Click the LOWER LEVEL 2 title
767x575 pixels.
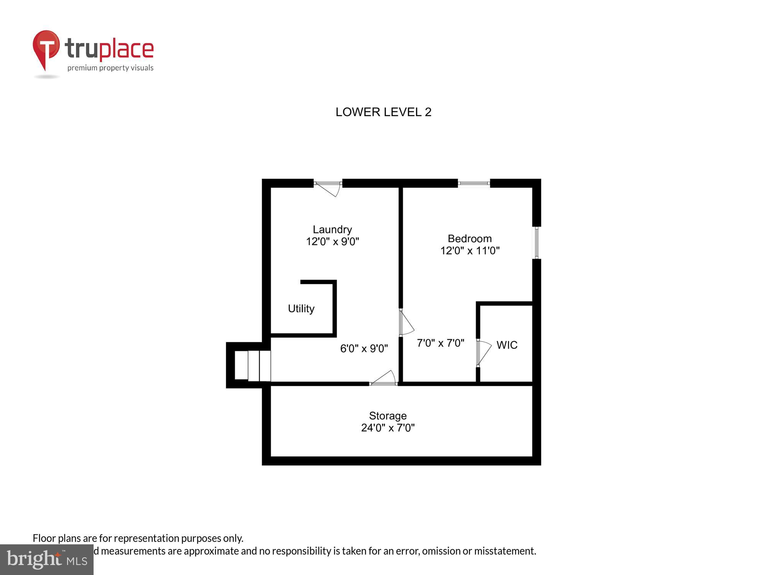(x=383, y=112)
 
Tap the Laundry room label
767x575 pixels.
(x=332, y=229)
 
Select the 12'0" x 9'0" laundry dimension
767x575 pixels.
(x=332, y=242)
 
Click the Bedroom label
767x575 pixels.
(x=469, y=238)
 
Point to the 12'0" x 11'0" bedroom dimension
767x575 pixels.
(x=469, y=251)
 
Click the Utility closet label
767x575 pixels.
(x=301, y=309)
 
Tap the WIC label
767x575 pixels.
(x=507, y=345)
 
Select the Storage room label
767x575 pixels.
(x=388, y=416)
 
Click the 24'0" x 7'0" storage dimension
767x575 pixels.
(x=388, y=428)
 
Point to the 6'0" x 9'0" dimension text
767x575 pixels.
(x=364, y=348)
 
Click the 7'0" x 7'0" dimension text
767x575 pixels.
(x=440, y=343)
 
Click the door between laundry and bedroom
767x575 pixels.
(x=405, y=323)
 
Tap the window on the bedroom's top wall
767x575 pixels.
(x=474, y=184)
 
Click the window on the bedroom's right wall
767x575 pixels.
(x=537, y=243)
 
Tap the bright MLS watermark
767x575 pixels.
(x=47, y=560)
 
